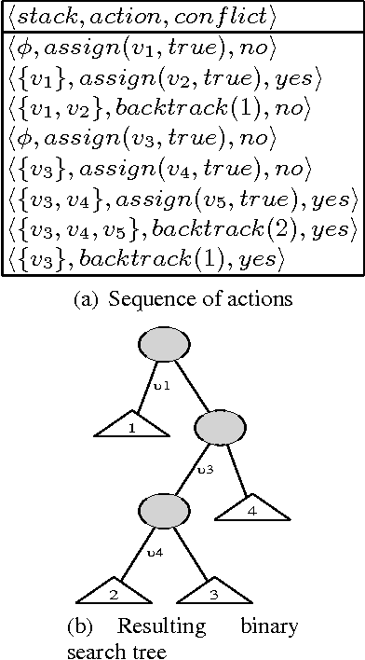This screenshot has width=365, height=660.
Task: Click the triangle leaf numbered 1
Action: pyautogui.click(x=132, y=428)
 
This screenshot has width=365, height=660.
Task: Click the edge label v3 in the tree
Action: pyautogui.click(x=207, y=469)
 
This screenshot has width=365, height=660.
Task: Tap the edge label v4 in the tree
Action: pyautogui.click(x=155, y=553)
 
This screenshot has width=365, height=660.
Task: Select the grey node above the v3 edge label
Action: pyautogui.click(x=219, y=429)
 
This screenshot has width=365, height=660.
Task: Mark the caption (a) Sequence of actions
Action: pyautogui.click(x=182, y=300)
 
